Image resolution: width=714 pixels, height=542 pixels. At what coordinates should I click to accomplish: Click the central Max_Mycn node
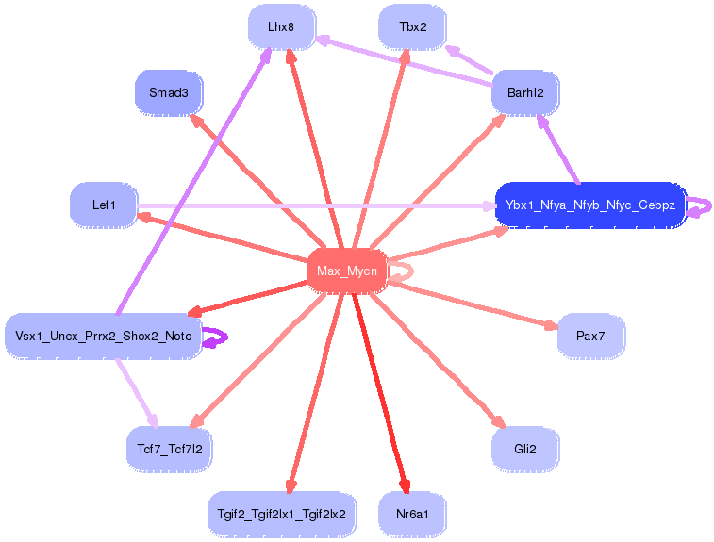pyautogui.click(x=347, y=271)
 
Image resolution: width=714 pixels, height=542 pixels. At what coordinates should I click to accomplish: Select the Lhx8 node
pyautogui.click(x=281, y=27)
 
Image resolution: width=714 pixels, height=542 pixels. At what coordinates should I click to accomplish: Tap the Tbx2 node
pyautogui.click(x=412, y=27)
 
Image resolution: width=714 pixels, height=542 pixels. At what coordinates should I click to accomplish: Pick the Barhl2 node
pyautogui.click(x=525, y=92)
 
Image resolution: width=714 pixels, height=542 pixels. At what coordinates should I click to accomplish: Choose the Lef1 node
pyautogui.click(x=104, y=205)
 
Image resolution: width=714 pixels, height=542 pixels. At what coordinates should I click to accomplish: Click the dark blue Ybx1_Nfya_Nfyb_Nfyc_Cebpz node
pyautogui.click(x=590, y=205)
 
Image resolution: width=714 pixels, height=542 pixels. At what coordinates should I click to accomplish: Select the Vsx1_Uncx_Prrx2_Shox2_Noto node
pyautogui.click(x=104, y=336)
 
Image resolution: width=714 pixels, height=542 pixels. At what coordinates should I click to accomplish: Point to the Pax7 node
pyautogui.click(x=590, y=336)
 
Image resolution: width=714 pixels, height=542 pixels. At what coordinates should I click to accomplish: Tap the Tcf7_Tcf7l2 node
pyautogui.click(x=170, y=449)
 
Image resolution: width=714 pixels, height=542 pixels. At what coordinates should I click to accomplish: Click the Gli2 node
pyautogui.click(x=525, y=449)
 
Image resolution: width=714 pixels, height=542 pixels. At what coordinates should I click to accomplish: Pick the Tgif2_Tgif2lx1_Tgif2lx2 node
pyautogui.click(x=281, y=514)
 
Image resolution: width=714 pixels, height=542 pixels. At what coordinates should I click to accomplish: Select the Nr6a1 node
pyautogui.click(x=412, y=514)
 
